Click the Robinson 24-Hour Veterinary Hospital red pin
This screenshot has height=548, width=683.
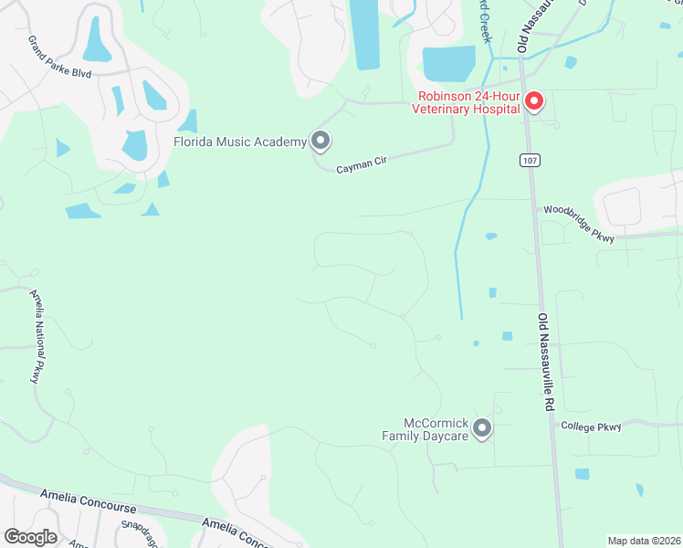pos(534,100)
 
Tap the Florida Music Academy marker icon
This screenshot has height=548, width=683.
pos(320,141)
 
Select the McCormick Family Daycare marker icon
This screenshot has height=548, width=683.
pos(482,427)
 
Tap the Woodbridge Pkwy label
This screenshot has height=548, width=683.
pos(578,224)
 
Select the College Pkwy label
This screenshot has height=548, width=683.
pos(591,427)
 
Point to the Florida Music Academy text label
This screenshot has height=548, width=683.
pos(240,142)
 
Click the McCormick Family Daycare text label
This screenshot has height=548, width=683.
pos(436,429)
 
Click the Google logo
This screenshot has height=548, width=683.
pos(30,536)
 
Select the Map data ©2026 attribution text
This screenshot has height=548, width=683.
pos(643,541)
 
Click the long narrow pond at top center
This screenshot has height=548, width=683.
pos(365,33)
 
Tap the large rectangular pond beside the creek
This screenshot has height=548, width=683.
pos(448,64)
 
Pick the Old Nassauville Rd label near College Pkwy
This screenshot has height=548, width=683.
pos(546,365)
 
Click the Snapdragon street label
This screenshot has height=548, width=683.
pos(139,532)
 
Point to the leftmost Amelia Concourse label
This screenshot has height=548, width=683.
pos(88,501)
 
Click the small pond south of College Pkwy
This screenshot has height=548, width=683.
pos(582,474)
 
